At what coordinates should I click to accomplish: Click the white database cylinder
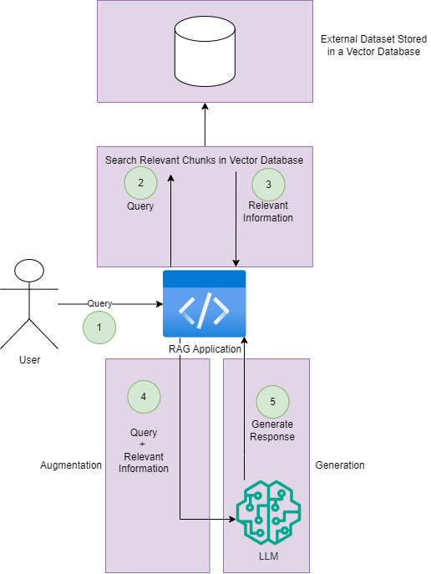coord(205,51)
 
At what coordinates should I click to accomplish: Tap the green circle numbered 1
coord(99,328)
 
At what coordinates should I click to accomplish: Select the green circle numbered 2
coord(140,183)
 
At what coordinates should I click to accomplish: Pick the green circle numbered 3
coord(268,185)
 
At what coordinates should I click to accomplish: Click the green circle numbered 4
coord(144,397)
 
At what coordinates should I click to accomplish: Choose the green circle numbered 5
coord(272,402)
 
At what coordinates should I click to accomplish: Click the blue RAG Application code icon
coord(204,303)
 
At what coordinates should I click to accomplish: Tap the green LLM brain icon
coord(269,512)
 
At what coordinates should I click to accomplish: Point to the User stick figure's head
coord(29,271)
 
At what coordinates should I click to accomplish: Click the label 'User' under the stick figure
coord(29,360)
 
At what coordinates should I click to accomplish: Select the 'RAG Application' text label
coord(205,349)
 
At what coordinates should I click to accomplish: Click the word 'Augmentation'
coord(71,465)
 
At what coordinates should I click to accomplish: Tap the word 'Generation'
coord(340,465)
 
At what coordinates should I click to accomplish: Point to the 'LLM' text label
coord(269,556)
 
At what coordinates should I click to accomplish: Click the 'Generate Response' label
coord(272,430)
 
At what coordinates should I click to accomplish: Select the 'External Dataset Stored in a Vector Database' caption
coord(373,45)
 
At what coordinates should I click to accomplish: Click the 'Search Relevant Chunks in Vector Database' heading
coord(204,160)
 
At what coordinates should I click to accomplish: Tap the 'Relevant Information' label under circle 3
coord(268,211)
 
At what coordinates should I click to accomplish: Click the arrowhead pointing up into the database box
coord(205,106)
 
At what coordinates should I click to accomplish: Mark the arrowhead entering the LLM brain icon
coord(232,519)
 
